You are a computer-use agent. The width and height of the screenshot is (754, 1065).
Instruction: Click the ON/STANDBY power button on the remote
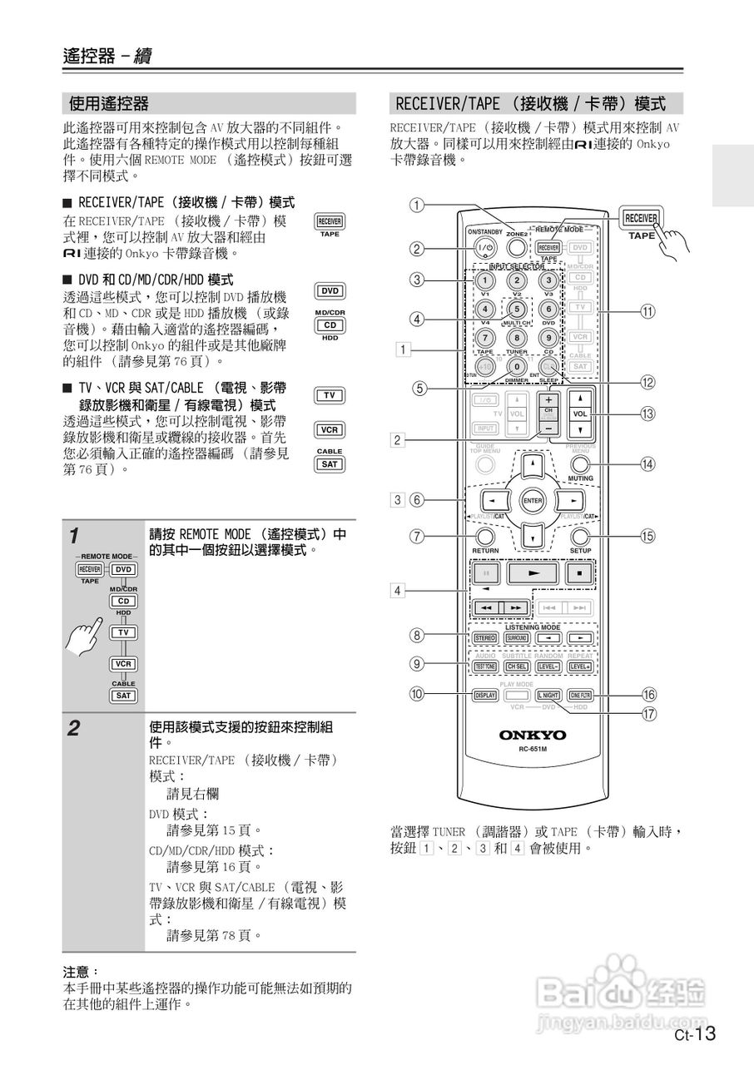[x=485, y=247]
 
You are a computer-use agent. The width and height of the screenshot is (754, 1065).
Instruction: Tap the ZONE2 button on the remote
[x=517, y=246]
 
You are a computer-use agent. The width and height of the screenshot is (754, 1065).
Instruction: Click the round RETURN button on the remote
[x=485, y=536]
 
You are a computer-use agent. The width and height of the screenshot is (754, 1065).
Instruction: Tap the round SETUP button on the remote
[x=580, y=536]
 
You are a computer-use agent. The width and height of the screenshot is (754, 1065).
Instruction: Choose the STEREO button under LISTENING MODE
[x=484, y=638]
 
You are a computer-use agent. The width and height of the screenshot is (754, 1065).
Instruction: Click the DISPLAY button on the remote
[x=484, y=695]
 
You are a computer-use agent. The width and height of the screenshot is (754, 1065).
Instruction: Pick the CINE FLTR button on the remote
[x=580, y=695]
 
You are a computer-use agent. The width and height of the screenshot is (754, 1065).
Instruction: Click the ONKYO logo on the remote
[x=533, y=736]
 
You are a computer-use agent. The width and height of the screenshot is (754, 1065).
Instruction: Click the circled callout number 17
[x=647, y=712]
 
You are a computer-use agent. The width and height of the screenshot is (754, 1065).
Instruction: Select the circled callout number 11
[x=647, y=311]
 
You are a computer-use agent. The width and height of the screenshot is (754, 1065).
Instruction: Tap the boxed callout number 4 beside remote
[x=399, y=591]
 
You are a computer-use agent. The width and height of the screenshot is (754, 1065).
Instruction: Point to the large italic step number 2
[x=74, y=730]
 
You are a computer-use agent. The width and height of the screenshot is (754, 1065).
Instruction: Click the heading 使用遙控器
[x=109, y=104]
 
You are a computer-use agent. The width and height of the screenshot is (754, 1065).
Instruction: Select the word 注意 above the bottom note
[x=78, y=971]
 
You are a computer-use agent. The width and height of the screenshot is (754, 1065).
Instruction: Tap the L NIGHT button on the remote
[x=548, y=695]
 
